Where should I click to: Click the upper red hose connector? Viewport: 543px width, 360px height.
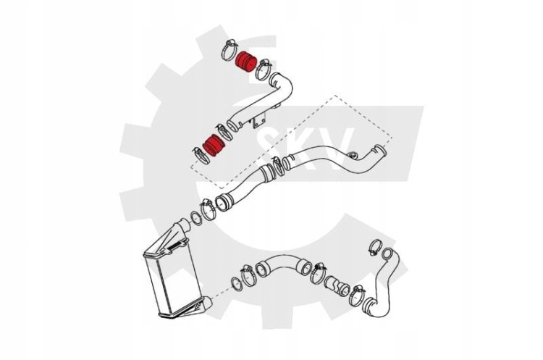tap(245, 64)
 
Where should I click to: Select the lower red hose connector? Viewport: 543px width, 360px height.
tap(214, 144)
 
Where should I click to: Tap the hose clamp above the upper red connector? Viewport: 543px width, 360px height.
tap(230, 51)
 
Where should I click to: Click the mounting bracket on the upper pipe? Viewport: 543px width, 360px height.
tap(259, 121)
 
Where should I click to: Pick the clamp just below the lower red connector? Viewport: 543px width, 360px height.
tap(201, 155)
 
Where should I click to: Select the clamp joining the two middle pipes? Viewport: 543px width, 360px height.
tap(278, 166)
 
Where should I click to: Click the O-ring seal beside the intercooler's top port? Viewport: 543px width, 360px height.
tap(196, 217)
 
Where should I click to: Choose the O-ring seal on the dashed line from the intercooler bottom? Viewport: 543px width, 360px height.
tap(236, 285)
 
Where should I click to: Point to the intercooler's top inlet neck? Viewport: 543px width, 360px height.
tap(182, 227)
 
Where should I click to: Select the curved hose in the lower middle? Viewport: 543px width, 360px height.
tap(283, 264)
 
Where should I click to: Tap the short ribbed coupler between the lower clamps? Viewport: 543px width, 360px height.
tap(337, 286)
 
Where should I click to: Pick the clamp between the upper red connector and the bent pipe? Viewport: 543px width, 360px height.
tap(263, 70)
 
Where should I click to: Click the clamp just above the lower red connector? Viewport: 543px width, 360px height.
tap(224, 133)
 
